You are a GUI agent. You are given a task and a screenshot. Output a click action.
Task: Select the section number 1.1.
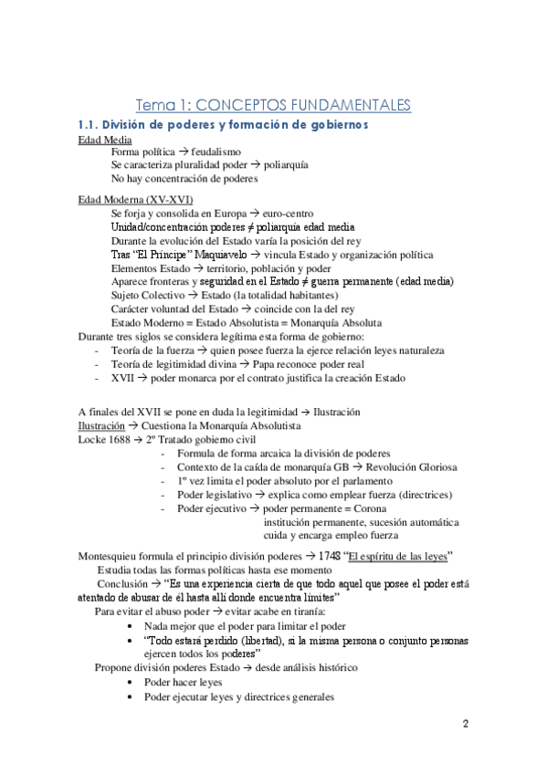click(89, 124)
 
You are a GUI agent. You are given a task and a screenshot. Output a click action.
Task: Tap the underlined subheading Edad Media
click(105, 140)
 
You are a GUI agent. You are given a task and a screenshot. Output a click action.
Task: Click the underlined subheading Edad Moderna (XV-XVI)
click(135, 200)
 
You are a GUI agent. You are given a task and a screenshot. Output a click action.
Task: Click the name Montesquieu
click(112, 558)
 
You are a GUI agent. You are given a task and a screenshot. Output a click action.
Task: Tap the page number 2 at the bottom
click(465, 725)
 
